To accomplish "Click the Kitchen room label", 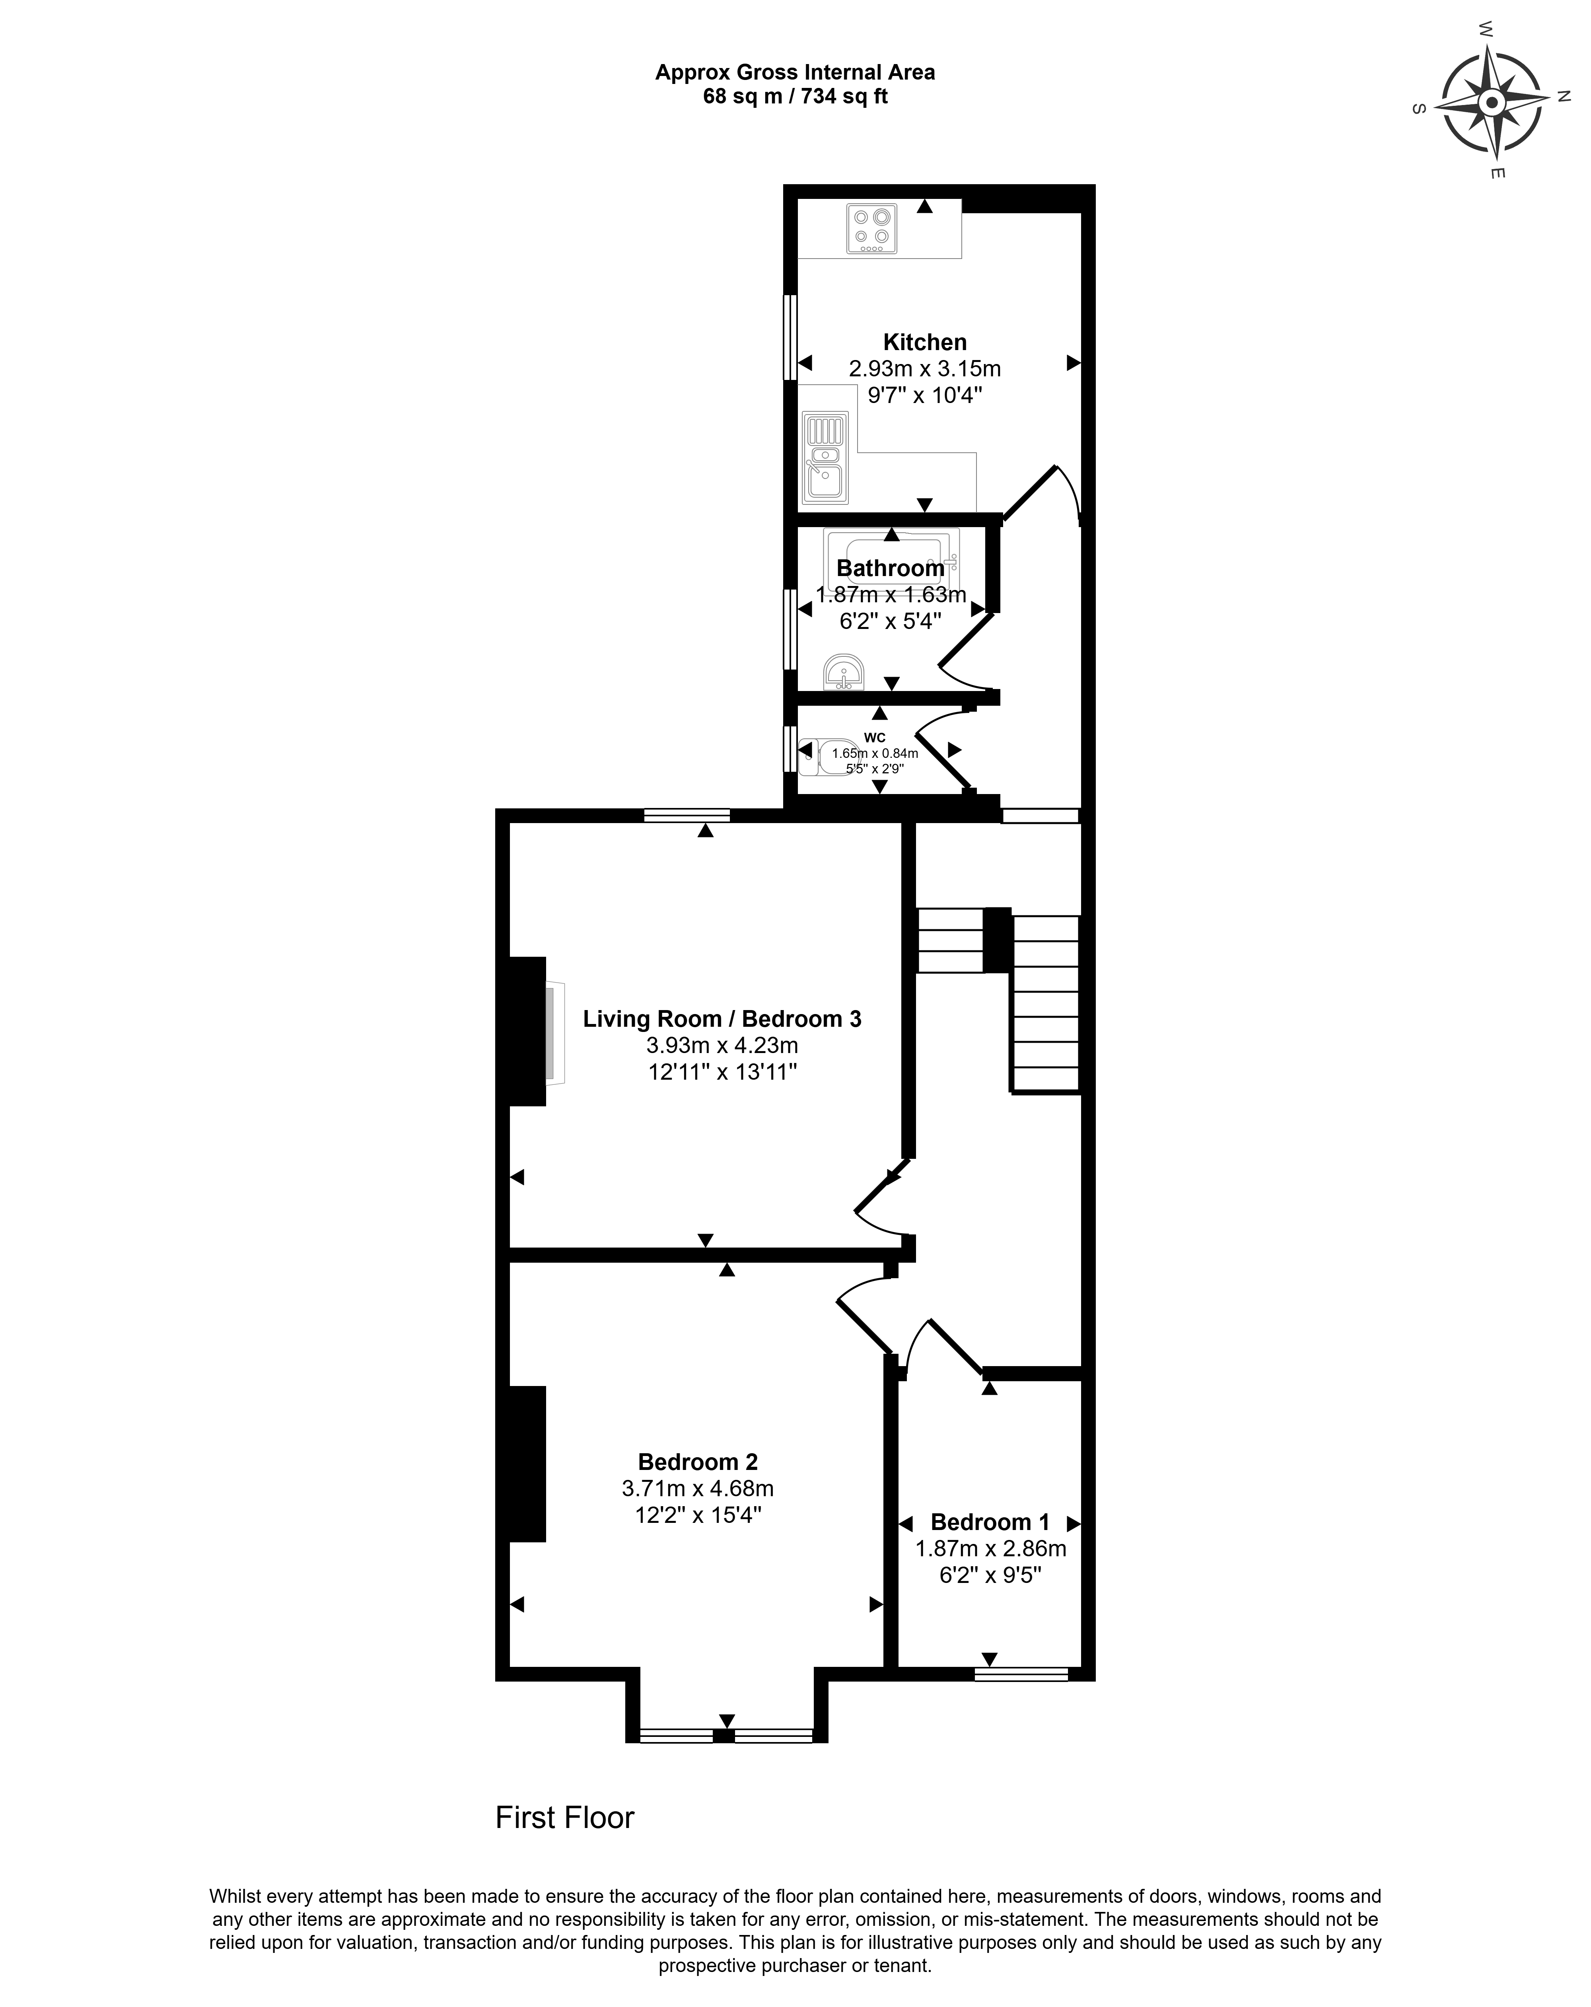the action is tap(924, 342).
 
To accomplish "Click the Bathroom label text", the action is tap(890, 568).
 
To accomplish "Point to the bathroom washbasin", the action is tap(844, 672).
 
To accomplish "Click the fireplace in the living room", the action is tap(555, 1033).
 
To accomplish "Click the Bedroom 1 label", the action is tap(990, 1522).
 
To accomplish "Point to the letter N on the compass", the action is tap(1564, 96).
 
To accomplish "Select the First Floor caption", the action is tap(564, 1817).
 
